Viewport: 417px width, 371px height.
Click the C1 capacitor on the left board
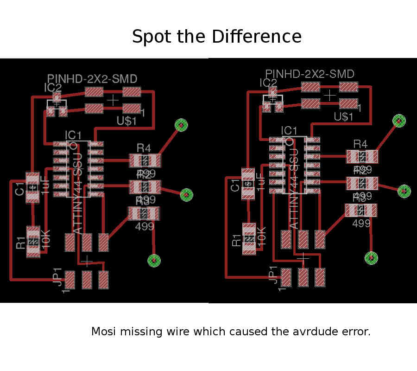[x=32, y=187]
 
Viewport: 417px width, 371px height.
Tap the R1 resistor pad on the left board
[x=33, y=242]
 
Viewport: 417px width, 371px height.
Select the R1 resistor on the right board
[x=249, y=238]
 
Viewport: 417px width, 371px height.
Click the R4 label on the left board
[x=144, y=148]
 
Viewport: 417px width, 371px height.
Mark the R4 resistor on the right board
[x=362, y=157]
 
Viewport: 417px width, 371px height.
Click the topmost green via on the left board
[x=181, y=125]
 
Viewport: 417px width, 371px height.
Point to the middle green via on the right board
[x=404, y=190]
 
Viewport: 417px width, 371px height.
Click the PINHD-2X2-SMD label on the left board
[x=92, y=79]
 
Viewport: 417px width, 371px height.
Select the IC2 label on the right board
[x=269, y=83]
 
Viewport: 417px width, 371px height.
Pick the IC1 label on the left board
[x=73, y=135]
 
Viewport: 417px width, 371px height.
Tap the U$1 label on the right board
[x=344, y=117]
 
